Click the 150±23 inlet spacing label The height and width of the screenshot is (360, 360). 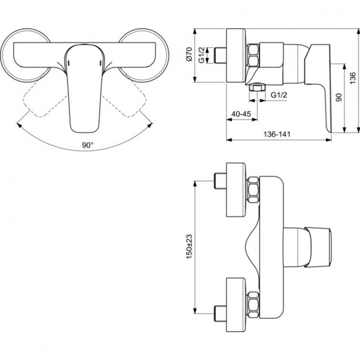coord(189,246)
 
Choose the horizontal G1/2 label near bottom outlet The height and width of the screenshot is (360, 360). coord(278,95)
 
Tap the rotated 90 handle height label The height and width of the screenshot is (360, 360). coord(338,97)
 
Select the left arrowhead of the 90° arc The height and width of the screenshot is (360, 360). coord(19,125)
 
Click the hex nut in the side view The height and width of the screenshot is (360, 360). coord(254,55)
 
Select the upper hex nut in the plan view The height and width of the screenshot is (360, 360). coord(253,189)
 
